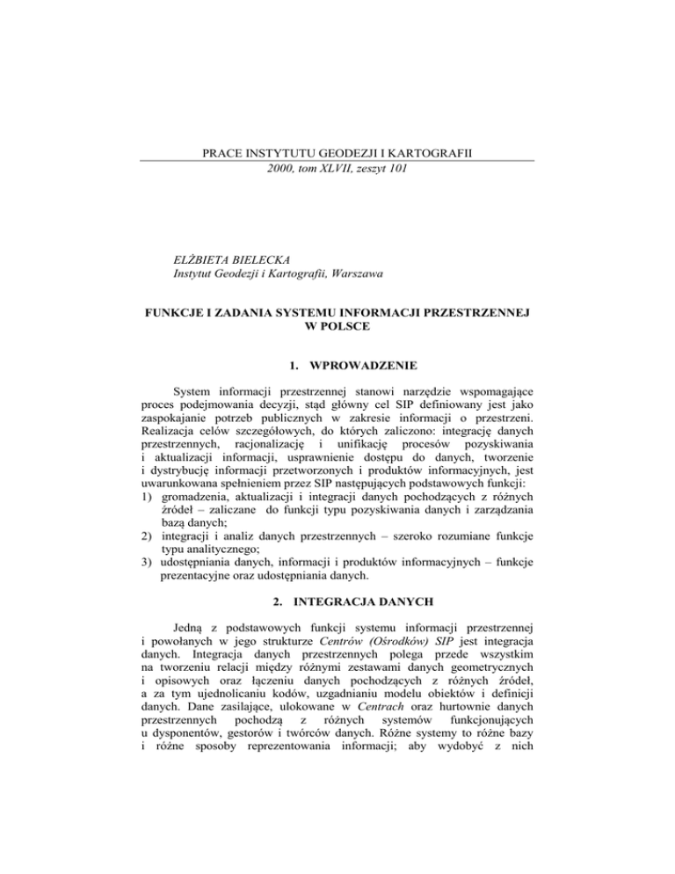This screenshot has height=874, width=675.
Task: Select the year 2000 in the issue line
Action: click(x=279, y=169)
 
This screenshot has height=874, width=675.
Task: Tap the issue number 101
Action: click(x=396, y=169)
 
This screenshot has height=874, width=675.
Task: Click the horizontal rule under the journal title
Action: click(x=337, y=160)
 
